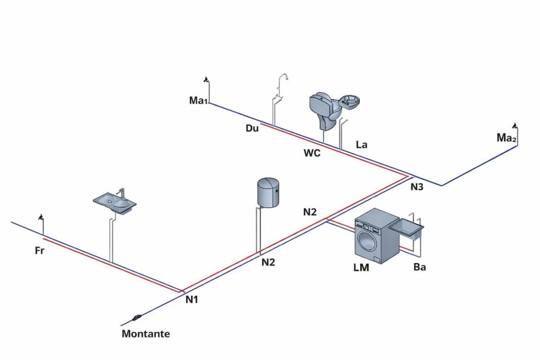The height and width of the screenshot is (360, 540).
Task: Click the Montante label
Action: pos(145,333)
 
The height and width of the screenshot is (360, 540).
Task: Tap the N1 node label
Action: pos(192,299)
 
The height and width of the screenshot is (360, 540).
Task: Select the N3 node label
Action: pos(416,187)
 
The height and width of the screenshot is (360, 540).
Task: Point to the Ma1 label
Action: pos(198,100)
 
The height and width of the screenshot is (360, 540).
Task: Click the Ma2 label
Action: pos(506,138)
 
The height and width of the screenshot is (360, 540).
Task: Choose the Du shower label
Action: pos(252,128)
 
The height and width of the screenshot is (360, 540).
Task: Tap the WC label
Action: pos(312,153)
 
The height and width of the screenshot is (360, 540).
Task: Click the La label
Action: pos(361,144)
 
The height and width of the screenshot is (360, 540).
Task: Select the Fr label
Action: pos(40,251)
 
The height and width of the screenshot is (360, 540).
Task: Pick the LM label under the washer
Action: pos(361,268)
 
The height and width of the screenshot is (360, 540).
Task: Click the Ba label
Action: pos(419,267)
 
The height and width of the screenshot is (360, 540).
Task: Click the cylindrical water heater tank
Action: pos(268,192)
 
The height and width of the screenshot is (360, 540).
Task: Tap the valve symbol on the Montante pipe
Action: pos(137,316)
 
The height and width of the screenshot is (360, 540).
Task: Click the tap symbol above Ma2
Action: pos(514,126)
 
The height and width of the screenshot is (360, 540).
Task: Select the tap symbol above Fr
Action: pos(42,217)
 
